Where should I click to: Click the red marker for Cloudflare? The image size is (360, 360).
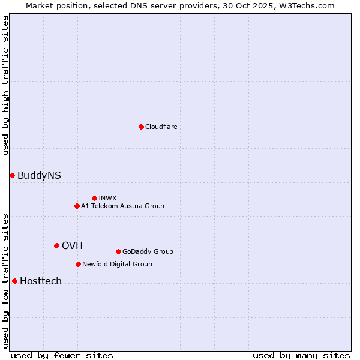[141, 127]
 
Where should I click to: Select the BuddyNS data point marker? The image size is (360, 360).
[12, 175]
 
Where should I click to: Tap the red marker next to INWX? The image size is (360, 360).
[94, 198]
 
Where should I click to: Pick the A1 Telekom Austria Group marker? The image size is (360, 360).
[77, 206]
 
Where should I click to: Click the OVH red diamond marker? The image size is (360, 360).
[56, 245]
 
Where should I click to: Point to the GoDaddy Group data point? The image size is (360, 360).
[118, 251]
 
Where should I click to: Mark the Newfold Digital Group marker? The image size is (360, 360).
[78, 264]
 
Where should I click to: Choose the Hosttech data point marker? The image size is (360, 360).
[14, 281]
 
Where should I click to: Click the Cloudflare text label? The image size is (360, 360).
[161, 127]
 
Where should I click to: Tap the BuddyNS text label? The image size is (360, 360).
[39, 175]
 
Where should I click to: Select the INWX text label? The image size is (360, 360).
[107, 198]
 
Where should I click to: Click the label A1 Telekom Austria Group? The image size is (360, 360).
[122, 206]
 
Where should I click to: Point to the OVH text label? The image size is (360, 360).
[72, 245]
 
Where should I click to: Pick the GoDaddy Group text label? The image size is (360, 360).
[148, 251]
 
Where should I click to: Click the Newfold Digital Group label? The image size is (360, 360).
[117, 264]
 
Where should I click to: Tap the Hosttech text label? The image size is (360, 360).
[41, 281]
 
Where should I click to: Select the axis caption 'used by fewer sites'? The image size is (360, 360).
[62, 355]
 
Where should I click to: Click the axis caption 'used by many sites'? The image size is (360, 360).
[301, 355]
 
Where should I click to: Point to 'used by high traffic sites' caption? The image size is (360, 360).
[5, 85]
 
